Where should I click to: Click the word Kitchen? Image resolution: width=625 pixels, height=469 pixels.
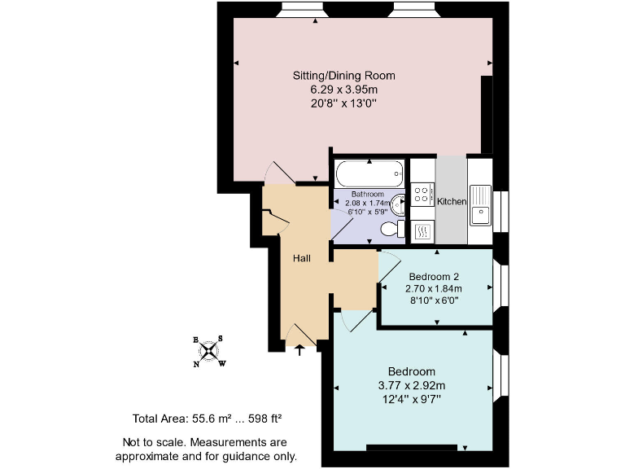pos(452,201)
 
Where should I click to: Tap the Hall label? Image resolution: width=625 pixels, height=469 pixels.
pos(302,258)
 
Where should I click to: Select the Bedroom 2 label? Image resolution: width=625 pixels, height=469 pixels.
pos(434,276)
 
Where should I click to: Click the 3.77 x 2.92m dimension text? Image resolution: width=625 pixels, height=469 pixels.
pos(412,385)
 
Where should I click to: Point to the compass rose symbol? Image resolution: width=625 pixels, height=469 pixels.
pos(209,351)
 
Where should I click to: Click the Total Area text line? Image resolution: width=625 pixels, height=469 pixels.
pos(207,419)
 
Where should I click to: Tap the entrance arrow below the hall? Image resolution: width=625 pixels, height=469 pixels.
pos(299,350)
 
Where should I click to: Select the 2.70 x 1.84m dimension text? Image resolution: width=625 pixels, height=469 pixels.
pos(434,288)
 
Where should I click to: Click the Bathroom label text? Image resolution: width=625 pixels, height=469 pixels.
pos(367,195)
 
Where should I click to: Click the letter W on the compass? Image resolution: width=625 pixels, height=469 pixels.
pos(222,363)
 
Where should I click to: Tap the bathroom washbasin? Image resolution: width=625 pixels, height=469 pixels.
pos(397,203)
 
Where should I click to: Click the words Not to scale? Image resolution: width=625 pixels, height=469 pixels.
pos(150,442)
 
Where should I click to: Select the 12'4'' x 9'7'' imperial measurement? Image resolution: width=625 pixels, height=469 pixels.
pos(412,399)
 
